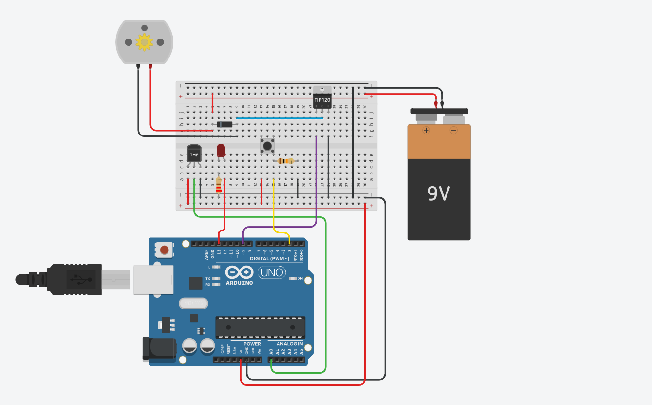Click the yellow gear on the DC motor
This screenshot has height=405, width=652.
click(144, 42)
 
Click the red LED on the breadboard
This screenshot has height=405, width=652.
click(221, 150)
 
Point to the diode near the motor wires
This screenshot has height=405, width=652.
click(225, 124)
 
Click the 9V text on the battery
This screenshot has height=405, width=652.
click(439, 193)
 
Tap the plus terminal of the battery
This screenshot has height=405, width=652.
click(427, 130)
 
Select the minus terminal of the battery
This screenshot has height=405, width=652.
click(453, 130)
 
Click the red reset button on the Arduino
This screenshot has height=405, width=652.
click(165, 250)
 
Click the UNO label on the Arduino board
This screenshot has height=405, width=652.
click(272, 272)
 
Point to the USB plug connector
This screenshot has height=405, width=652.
click(73, 279)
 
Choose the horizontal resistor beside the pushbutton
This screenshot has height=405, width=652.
click(285, 161)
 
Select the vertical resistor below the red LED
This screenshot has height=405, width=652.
click(219, 185)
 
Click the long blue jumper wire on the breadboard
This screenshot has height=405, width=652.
click(279, 118)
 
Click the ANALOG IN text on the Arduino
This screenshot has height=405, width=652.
click(291, 344)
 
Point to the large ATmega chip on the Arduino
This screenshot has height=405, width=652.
click(261, 327)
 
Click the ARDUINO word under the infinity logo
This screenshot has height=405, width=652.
click(239, 283)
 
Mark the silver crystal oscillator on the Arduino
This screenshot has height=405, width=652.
click(193, 304)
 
